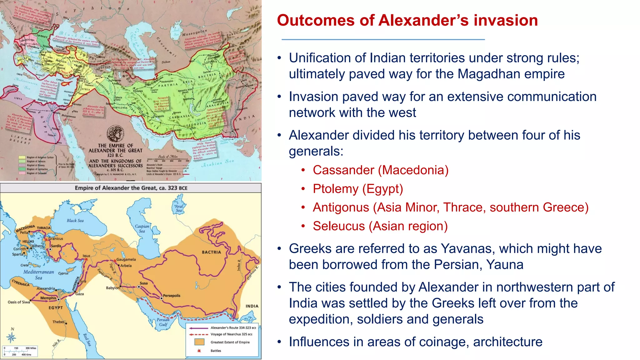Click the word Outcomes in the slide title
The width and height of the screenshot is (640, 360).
316,21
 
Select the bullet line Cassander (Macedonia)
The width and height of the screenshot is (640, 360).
380,170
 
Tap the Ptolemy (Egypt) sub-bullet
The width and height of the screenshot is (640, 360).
358,189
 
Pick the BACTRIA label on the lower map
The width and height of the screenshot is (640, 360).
211,252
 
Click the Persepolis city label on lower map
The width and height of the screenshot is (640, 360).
172,296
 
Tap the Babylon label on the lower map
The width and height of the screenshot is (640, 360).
112,288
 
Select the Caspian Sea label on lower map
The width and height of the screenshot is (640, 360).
142,228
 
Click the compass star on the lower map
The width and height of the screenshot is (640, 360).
12,337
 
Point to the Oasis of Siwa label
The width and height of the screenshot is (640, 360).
19,302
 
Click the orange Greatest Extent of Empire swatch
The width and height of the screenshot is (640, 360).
199,342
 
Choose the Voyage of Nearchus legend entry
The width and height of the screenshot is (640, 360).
231,334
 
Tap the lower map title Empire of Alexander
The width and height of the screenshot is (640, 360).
131,188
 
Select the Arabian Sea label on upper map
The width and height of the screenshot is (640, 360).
218,163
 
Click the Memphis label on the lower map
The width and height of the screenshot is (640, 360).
48,298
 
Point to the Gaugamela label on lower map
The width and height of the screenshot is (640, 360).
126,259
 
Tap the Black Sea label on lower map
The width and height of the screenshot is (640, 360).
75,221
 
